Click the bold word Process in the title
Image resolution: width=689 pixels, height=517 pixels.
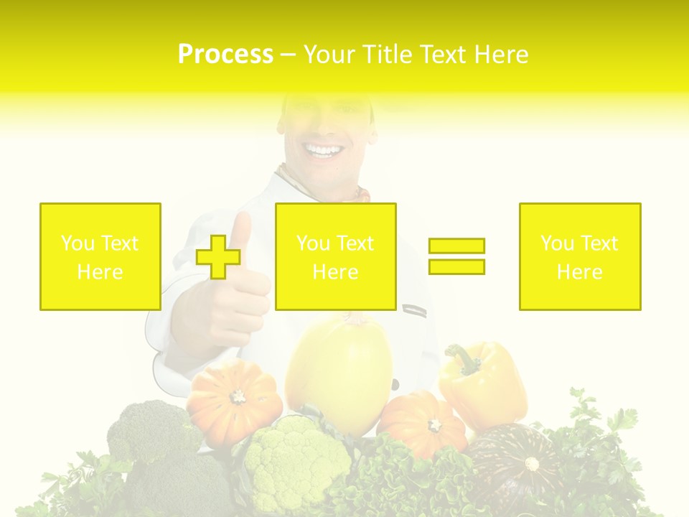pos(225,55)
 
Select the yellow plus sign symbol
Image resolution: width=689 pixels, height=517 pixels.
pos(218,257)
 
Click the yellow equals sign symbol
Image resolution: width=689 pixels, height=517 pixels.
pos(456,256)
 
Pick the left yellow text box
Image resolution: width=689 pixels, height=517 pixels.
pos(100,256)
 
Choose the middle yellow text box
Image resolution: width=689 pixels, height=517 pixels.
pos(336,256)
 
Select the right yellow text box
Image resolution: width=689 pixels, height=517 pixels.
pos(580,256)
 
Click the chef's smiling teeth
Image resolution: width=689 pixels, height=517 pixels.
pos(324,151)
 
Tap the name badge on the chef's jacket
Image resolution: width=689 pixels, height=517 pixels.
pos(414,311)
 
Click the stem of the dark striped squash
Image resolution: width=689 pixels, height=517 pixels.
pos(531,464)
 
